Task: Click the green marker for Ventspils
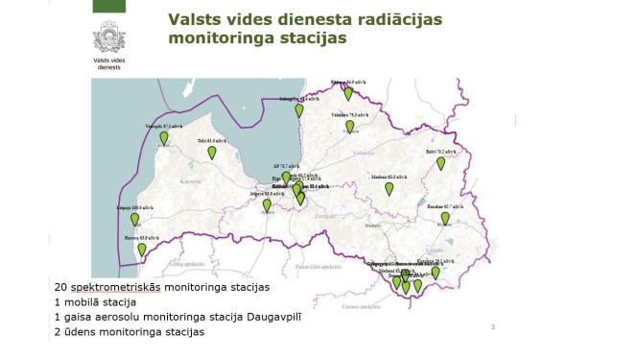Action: [x=164, y=138]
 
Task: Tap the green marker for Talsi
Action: [x=212, y=153]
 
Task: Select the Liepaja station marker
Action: [x=135, y=219]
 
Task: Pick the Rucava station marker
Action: [x=142, y=250]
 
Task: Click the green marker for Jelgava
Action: [x=267, y=204]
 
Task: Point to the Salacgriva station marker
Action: [x=299, y=110]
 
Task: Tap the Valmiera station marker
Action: [x=350, y=126]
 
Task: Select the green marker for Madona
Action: [x=389, y=188]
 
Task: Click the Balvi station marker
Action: [x=441, y=163]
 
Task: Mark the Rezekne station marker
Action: [x=445, y=218]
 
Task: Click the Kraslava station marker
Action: [x=436, y=272]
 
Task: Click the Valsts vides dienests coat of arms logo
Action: [x=108, y=39]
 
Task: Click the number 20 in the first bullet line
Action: [x=60, y=287]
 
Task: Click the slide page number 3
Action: [x=492, y=327]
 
